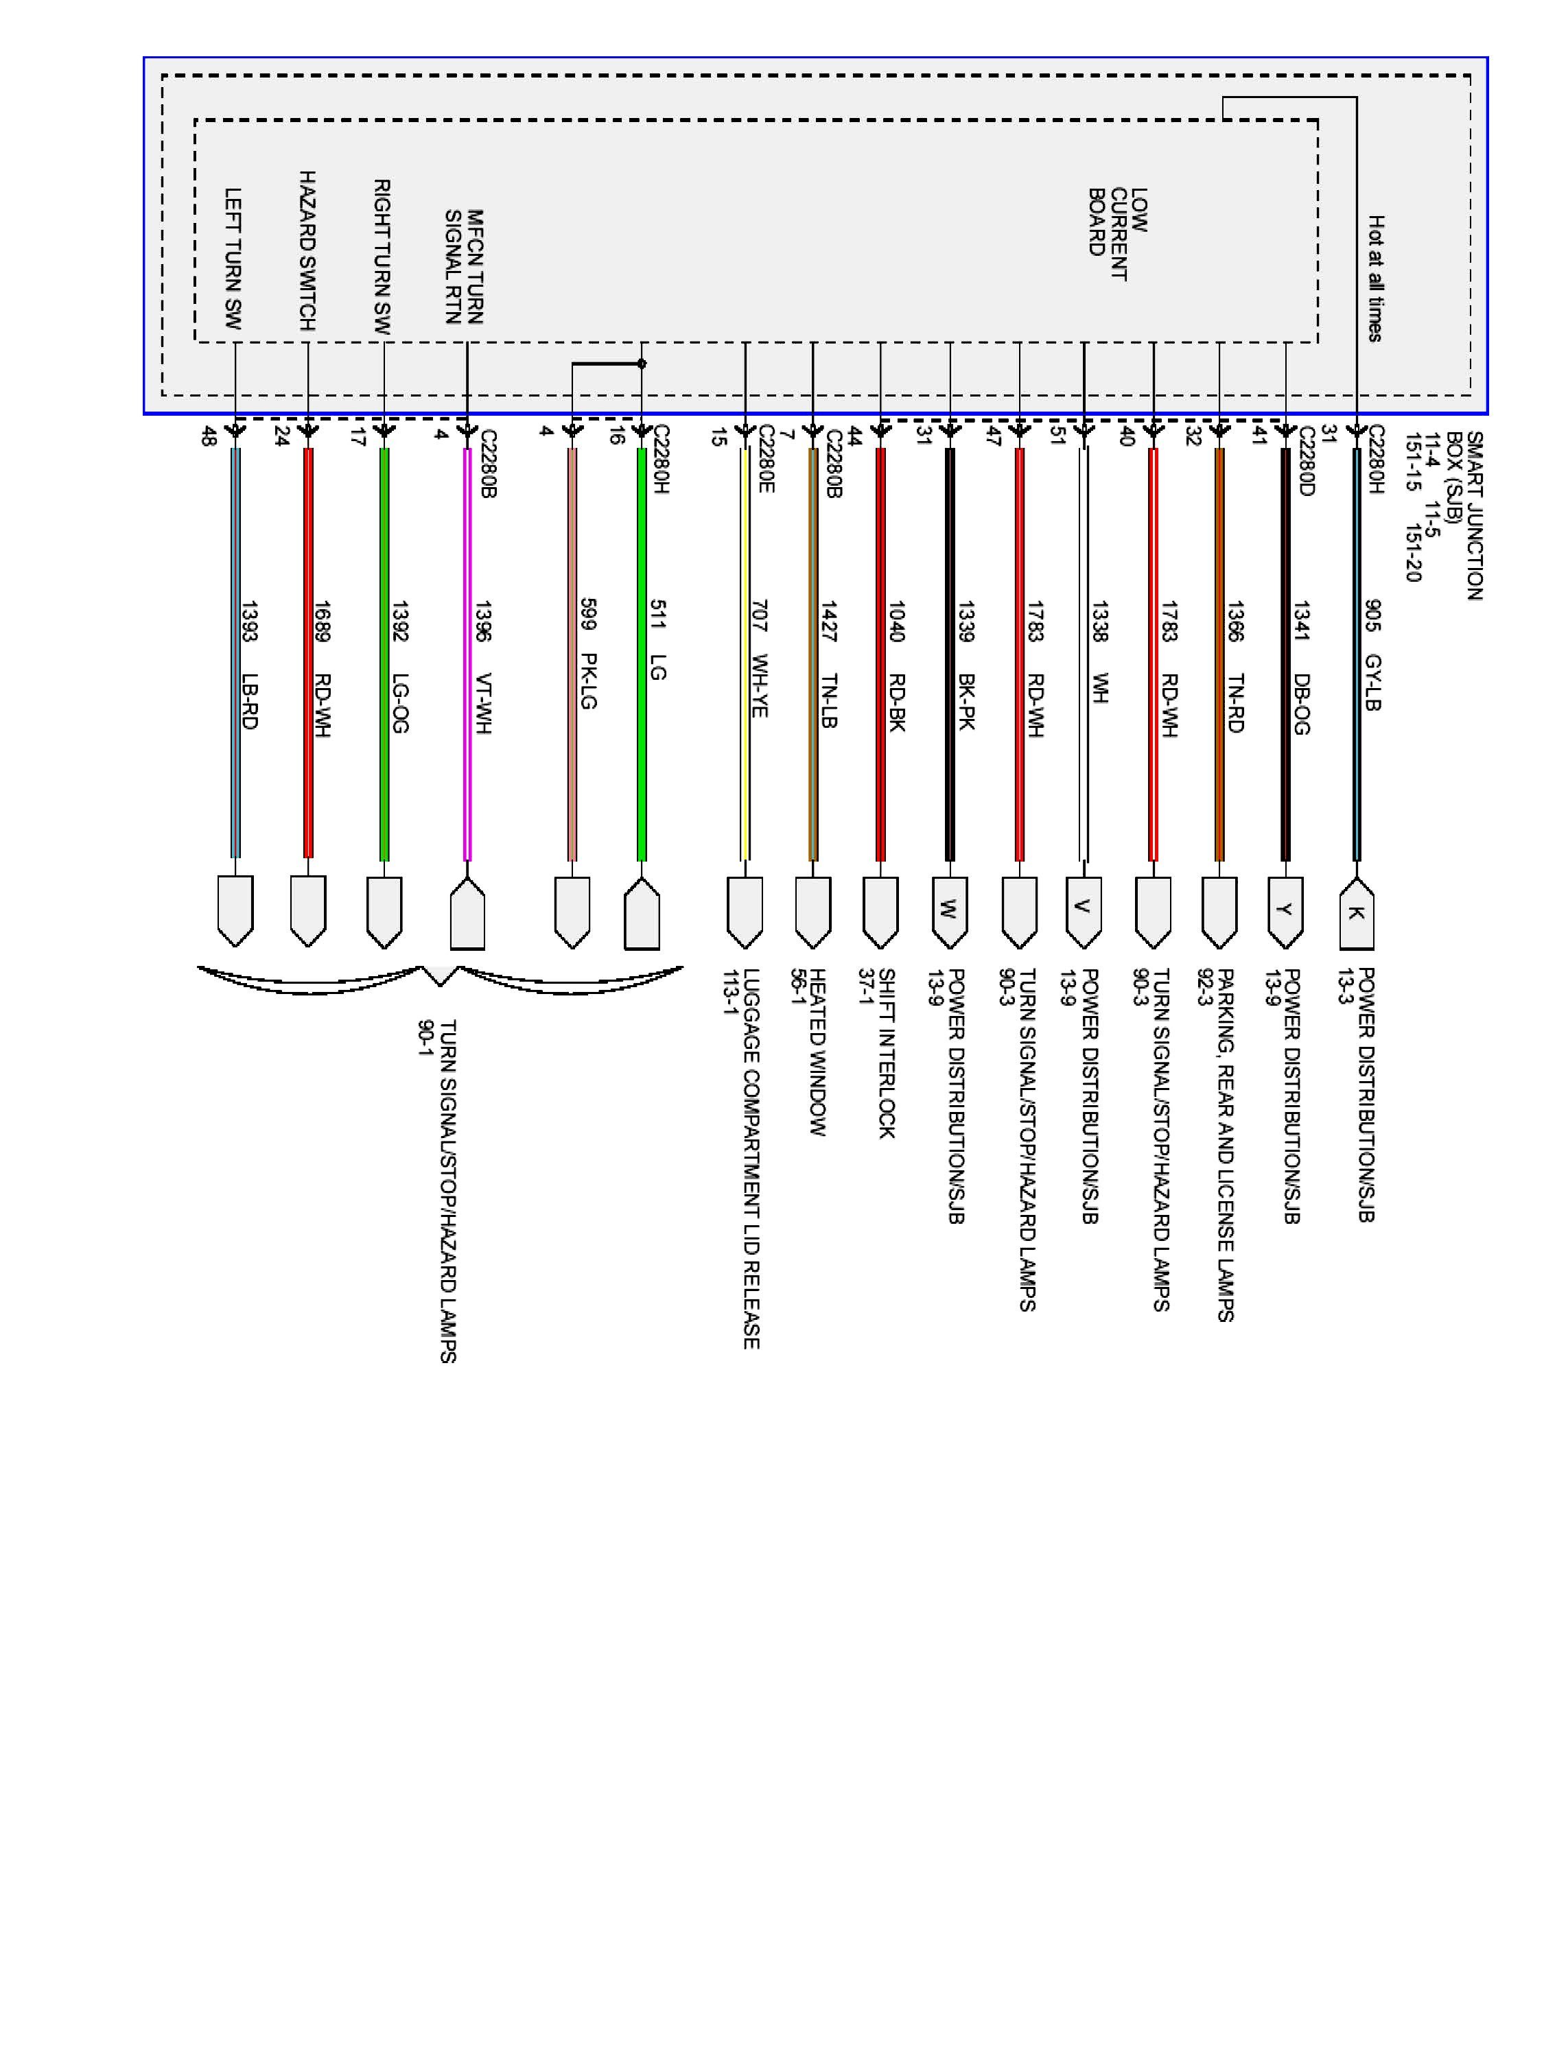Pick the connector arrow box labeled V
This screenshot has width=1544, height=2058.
click(x=1084, y=909)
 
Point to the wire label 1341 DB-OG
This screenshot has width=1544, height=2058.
click(x=1301, y=668)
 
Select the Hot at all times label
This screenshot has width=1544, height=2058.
click(x=1375, y=279)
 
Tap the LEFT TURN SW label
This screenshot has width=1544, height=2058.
click(x=233, y=259)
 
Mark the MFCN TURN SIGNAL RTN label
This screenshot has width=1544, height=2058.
click(x=463, y=267)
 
